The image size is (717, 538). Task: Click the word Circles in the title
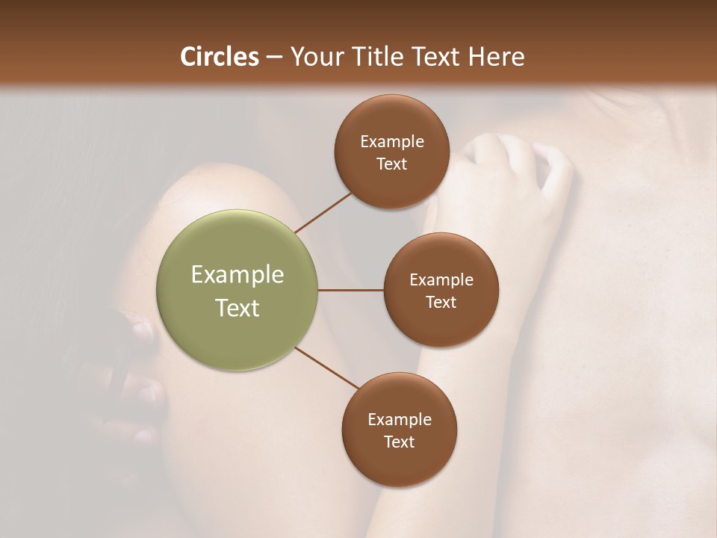[x=220, y=57]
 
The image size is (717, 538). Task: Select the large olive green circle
[x=237, y=290]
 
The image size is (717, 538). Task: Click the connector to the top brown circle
[x=323, y=212]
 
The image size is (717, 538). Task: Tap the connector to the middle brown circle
[x=350, y=290]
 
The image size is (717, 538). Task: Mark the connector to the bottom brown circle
[x=326, y=368]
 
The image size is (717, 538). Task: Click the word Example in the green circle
[x=237, y=275]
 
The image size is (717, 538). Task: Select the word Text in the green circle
[x=237, y=308]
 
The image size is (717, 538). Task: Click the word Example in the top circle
[x=391, y=142]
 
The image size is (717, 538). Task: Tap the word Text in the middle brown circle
[x=441, y=303]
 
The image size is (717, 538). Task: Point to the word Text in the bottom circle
[x=399, y=442]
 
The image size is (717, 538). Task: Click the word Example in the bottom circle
[x=399, y=420]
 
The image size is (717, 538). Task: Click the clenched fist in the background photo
[x=515, y=168]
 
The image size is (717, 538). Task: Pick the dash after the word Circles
[x=274, y=58]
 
